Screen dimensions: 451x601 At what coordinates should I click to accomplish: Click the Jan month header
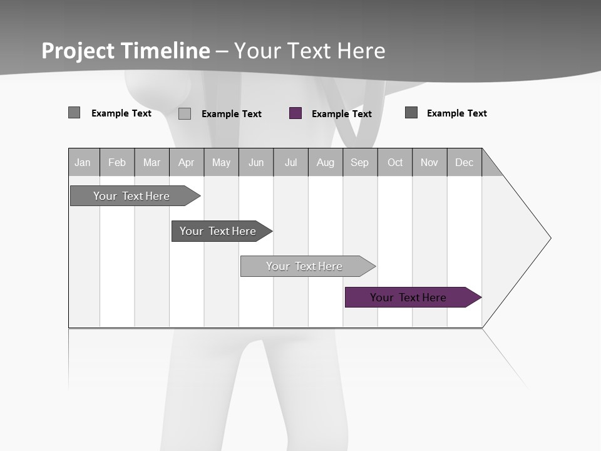tap(83, 162)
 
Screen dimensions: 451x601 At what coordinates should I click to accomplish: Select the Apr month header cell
tap(187, 162)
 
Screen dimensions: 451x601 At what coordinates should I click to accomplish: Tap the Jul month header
tap(290, 162)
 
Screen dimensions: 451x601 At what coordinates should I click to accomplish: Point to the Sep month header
tap(359, 162)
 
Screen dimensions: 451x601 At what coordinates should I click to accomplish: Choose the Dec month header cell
tap(464, 162)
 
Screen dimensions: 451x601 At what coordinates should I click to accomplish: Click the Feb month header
tap(117, 162)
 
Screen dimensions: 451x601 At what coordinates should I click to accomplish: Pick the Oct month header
tap(395, 162)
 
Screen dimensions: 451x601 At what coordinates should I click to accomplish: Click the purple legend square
tap(295, 113)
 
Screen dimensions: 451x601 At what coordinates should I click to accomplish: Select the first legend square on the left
tap(74, 113)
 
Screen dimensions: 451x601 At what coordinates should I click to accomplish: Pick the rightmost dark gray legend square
tap(411, 113)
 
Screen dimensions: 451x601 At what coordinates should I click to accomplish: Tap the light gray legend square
tap(185, 113)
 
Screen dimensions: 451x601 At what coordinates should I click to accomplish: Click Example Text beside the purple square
tap(341, 114)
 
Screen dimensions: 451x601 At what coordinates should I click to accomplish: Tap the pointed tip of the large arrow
tap(549, 238)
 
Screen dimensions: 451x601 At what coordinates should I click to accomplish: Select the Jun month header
tap(256, 162)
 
